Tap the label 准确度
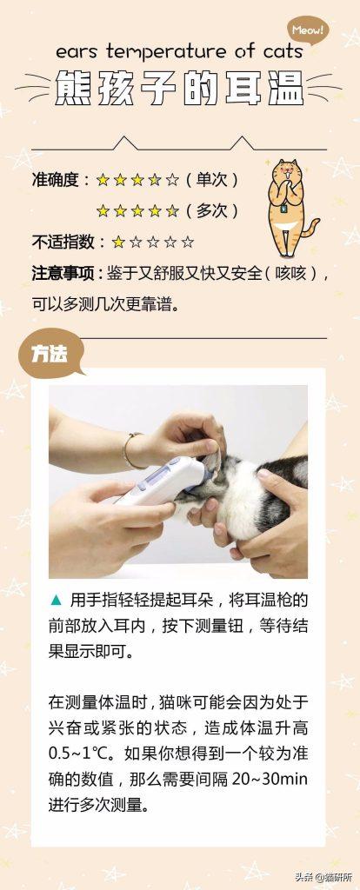(x=56, y=180)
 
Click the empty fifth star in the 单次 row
(x=172, y=180)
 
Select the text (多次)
(x=211, y=210)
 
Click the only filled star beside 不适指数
(x=117, y=242)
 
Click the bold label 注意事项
(x=61, y=273)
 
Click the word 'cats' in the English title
(x=280, y=53)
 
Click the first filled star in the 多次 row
(x=103, y=210)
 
